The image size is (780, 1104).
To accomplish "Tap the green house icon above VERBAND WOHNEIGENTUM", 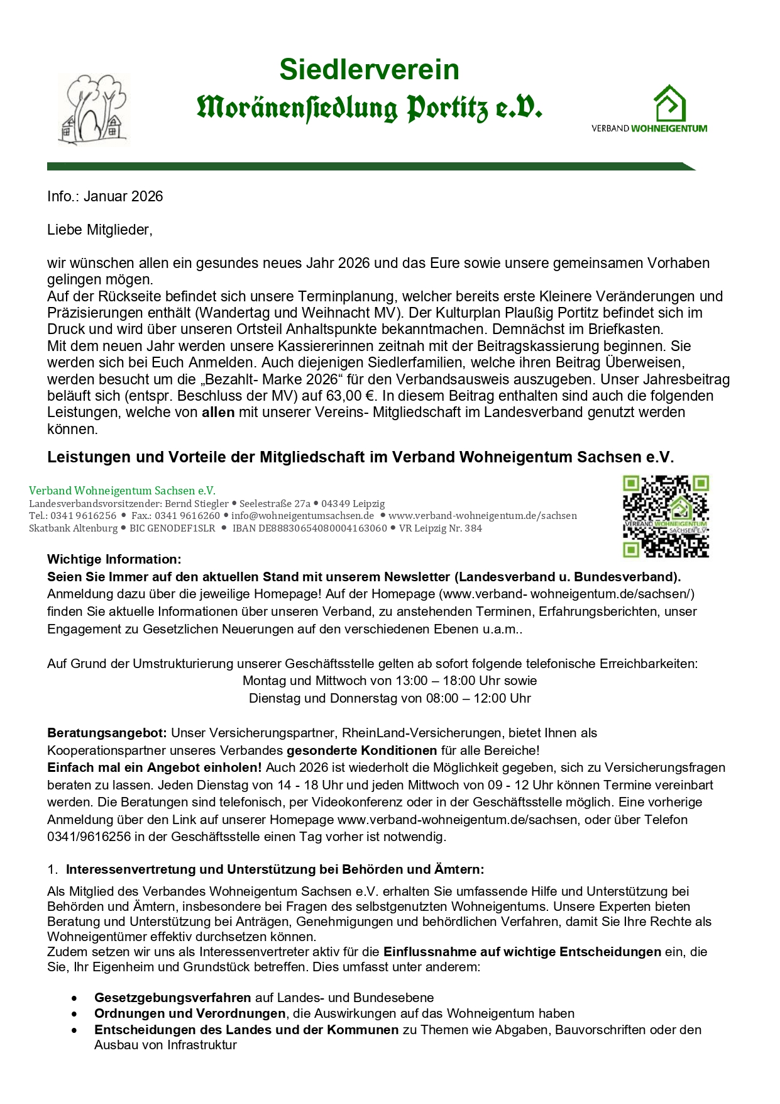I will [x=669, y=104].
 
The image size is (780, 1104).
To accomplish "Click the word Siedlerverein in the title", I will [x=369, y=69].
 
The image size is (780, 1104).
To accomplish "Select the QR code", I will [x=666, y=516].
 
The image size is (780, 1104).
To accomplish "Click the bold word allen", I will [x=217, y=413].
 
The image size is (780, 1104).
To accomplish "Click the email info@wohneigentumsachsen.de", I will [x=302, y=516].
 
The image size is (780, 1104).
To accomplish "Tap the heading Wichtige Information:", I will [x=114, y=559].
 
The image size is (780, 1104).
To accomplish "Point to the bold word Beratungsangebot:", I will [x=107, y=733].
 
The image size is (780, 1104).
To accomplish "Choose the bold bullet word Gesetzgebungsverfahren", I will [x=172, y=998].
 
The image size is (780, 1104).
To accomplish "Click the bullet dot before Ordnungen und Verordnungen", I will [x=75, y=1014].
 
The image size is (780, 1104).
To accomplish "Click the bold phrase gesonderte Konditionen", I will [x=361, y=750].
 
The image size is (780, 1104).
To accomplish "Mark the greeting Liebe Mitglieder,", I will [x=100, y=230].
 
